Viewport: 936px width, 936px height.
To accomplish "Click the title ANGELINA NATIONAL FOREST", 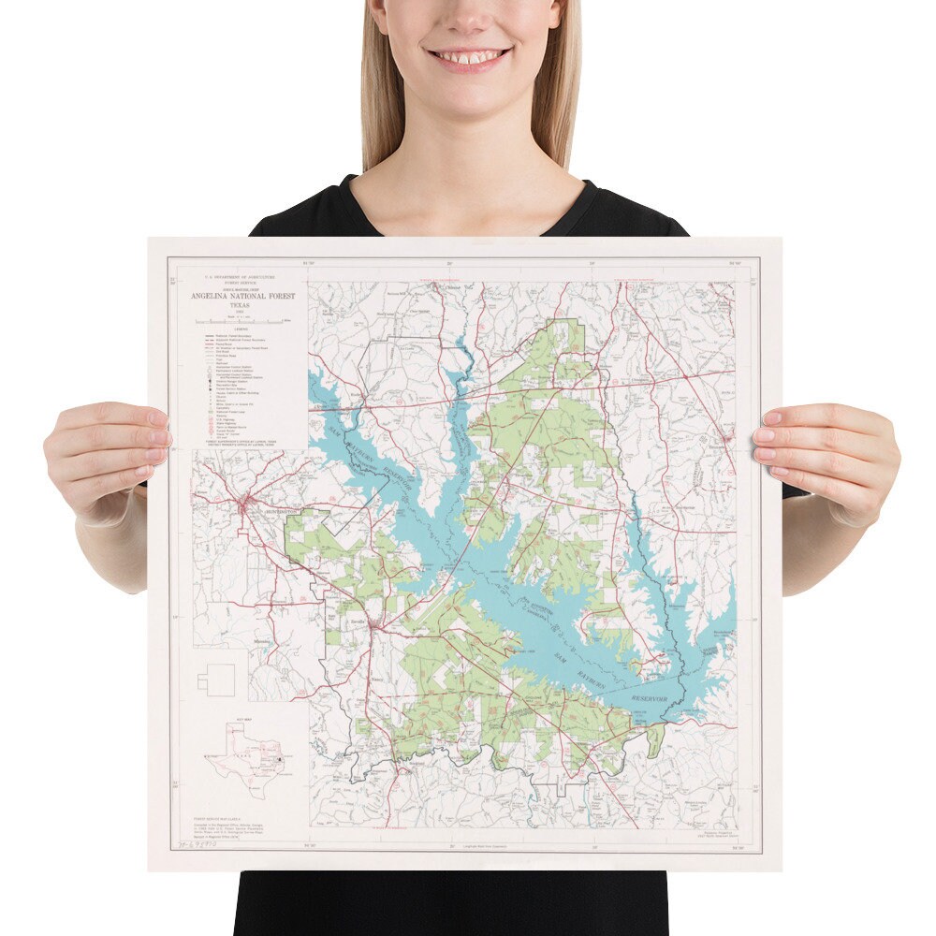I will (242, 296).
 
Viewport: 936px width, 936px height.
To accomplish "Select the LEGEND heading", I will (241, 329).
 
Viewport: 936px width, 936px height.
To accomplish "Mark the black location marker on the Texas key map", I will (280, 754).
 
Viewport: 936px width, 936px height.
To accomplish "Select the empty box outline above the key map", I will (221, 680).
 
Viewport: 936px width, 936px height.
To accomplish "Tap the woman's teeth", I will (468, 56).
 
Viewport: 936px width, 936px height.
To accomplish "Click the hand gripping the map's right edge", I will (824, 459).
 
